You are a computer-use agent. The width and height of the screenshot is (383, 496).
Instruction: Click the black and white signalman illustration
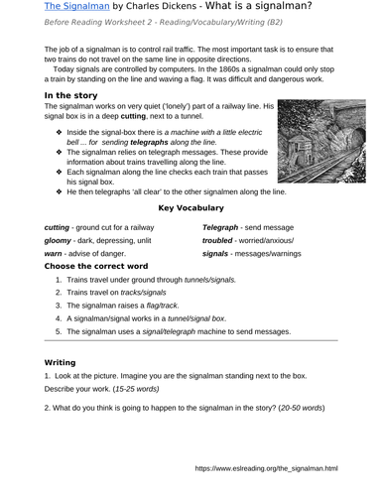(309, 148)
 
